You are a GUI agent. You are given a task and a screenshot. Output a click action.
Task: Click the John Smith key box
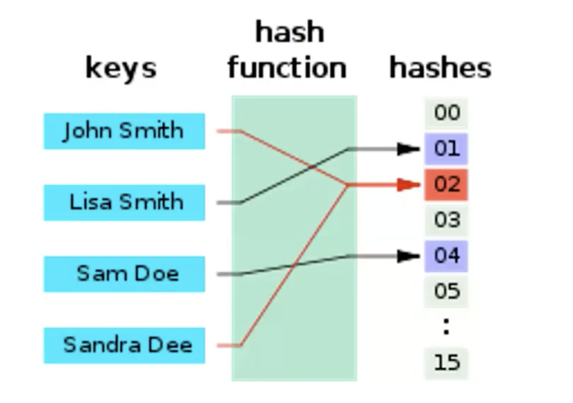(x=124, y=131)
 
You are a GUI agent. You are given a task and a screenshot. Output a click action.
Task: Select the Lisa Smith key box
(x=124, y=202)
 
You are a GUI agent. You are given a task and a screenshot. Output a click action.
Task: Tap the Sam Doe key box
(x=124, y=274)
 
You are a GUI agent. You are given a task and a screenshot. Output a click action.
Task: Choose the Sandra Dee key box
(x=124, y=346)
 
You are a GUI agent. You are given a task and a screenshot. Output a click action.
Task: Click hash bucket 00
(x=446, y=113)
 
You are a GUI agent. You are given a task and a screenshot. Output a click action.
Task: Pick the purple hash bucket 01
(x=446, y=149)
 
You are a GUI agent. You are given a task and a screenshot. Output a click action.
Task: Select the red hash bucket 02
(x=446, y=185)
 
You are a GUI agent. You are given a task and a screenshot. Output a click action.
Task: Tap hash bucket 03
(x=446, y=220)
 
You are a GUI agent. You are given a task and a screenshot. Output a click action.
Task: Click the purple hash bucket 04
(x=446, y=256)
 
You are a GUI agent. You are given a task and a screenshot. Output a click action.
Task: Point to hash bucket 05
(x=446, y=291)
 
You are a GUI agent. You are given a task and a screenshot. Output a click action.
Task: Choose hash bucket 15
(x=446, y=363)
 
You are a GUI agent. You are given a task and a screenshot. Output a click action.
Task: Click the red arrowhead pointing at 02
(x=408, y=185)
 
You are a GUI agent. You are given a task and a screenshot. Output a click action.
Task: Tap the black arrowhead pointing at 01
(x=408, y=149)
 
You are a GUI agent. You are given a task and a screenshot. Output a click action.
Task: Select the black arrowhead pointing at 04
(x=408, y=256)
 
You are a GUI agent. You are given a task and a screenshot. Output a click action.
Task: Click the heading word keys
(x=121, y=69)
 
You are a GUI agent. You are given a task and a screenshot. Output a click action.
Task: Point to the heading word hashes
(x=440, y=68)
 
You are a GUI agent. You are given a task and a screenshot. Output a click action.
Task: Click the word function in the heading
(x=287, y=68)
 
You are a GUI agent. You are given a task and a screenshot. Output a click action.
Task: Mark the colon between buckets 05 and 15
(x=446, y=327)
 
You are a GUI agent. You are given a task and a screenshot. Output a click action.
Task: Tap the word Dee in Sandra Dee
(x=172, y=345)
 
